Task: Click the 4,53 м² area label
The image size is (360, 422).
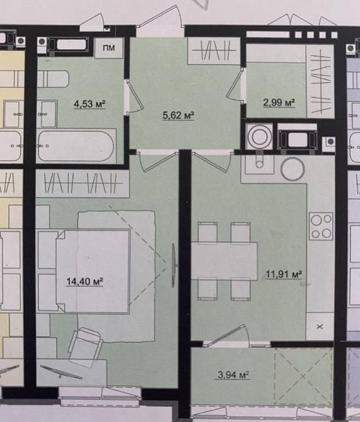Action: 90,104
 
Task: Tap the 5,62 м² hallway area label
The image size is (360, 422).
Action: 178,115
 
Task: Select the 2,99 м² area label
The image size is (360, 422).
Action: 279,103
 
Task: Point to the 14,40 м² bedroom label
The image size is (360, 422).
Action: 84,282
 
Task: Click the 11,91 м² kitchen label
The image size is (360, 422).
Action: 284,274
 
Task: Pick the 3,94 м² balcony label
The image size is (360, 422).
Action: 233,375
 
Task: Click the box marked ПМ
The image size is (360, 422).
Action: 109,48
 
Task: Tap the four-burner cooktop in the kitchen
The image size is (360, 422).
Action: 321,226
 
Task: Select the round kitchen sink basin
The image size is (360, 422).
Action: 293,169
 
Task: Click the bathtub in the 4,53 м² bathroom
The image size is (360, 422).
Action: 76,145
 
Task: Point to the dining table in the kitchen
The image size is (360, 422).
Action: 224,261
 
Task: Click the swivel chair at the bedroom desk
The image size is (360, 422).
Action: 85,346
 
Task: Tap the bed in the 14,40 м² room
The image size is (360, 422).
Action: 93,271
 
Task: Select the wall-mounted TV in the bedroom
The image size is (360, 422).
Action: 174,265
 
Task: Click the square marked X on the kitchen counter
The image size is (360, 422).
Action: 320,326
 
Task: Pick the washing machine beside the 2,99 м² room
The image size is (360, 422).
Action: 259,137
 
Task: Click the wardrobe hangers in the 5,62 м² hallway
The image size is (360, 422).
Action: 214,50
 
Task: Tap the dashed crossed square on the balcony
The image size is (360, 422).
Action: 303,376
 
